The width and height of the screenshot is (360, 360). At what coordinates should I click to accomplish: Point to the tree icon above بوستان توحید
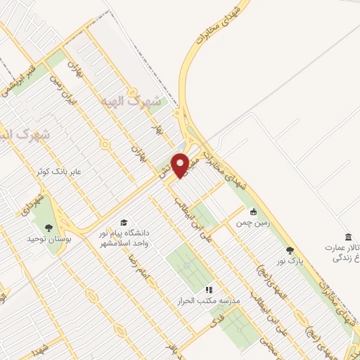pos(48,227)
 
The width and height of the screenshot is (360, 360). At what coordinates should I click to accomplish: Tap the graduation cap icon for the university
pos(124,222)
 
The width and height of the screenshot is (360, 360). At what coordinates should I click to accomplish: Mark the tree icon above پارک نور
pos(289,250)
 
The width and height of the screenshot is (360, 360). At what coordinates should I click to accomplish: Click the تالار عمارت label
pos(342,248)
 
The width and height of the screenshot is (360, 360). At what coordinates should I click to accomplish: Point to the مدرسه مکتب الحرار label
pos(208,300)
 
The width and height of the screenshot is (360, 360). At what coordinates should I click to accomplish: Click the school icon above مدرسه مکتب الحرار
pos(208,289)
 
